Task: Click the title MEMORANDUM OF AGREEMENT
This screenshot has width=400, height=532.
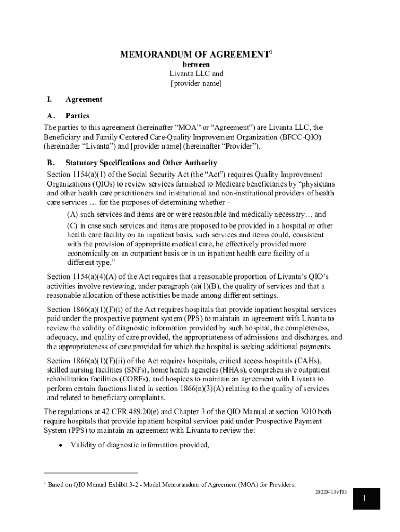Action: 194,55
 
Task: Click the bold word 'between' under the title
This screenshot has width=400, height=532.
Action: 196,64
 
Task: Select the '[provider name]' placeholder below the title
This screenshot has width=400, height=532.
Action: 196,83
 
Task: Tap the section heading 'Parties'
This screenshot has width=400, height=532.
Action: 77,116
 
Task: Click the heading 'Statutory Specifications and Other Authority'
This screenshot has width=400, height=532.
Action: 141,163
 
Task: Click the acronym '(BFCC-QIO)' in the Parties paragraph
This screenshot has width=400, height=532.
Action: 302,137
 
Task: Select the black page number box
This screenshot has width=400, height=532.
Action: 365,499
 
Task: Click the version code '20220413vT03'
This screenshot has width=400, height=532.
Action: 331,491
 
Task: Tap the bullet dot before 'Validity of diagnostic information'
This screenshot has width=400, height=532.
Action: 61,445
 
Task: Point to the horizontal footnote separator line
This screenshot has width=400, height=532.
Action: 91,473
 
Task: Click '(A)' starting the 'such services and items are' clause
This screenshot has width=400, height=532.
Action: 72,214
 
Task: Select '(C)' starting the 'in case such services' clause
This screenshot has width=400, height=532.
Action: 72,226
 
